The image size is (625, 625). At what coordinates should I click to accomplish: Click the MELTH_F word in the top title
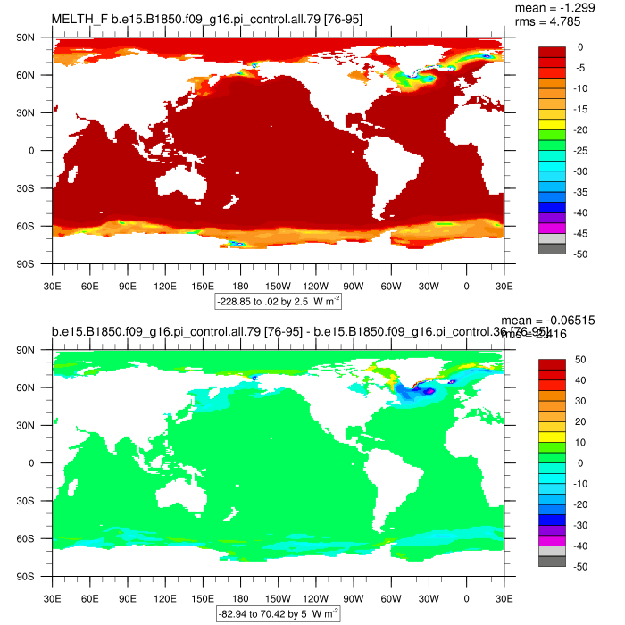coord(79,19)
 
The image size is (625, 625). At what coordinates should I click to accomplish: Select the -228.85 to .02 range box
coord(279,303)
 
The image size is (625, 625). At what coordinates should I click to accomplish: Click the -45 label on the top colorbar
coord(580,234)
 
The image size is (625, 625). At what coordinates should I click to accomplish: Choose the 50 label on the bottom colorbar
coord(579,359)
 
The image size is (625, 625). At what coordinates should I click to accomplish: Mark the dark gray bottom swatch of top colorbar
coord(551,249)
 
